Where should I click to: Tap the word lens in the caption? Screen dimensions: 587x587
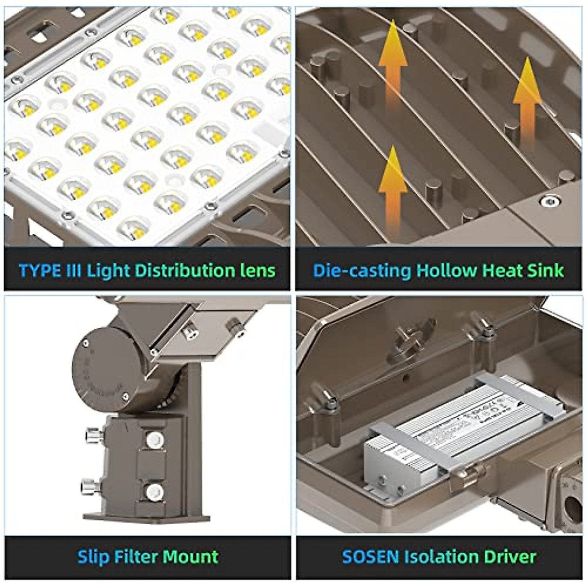[x=258, y=271]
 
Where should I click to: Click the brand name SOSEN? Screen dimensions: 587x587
[x=370, y=557]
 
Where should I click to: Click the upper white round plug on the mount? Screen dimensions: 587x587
[x=154, y=439]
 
